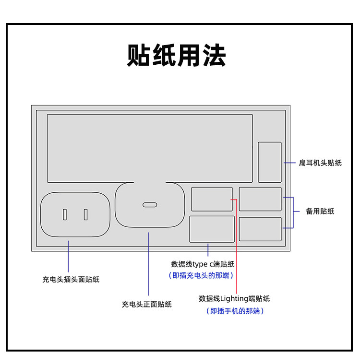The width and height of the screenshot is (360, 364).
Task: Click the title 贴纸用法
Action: (177, 56)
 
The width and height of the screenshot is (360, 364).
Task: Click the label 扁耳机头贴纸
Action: (320, 163)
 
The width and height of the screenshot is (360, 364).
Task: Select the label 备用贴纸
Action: (320, 211)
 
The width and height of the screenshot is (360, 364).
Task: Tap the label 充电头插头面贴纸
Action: (71, 279)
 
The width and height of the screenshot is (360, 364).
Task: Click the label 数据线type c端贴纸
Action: (203, 264)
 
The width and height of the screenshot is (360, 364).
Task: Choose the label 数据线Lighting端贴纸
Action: (234, 298)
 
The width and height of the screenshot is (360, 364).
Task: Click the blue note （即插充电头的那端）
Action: (201, 275)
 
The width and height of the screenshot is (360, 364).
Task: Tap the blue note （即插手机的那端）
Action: (235, 311)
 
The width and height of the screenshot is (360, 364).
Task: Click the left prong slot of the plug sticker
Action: (65, 214)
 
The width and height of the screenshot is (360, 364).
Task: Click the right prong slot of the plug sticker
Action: (85, 214)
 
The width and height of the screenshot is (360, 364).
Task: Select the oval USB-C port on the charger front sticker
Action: (150, 205)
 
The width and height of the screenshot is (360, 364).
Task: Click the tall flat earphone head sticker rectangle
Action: (270, 162)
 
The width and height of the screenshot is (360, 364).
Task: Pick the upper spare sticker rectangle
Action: (260, 199)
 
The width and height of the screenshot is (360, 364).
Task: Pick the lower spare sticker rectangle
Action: (260, 229)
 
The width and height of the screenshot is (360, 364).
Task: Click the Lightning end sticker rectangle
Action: (212, 199)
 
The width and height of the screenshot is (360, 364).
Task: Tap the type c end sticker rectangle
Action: (212, 229)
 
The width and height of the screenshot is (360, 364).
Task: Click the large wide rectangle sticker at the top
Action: (150, 148)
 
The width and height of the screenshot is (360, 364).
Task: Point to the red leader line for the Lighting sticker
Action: (237, 249)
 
